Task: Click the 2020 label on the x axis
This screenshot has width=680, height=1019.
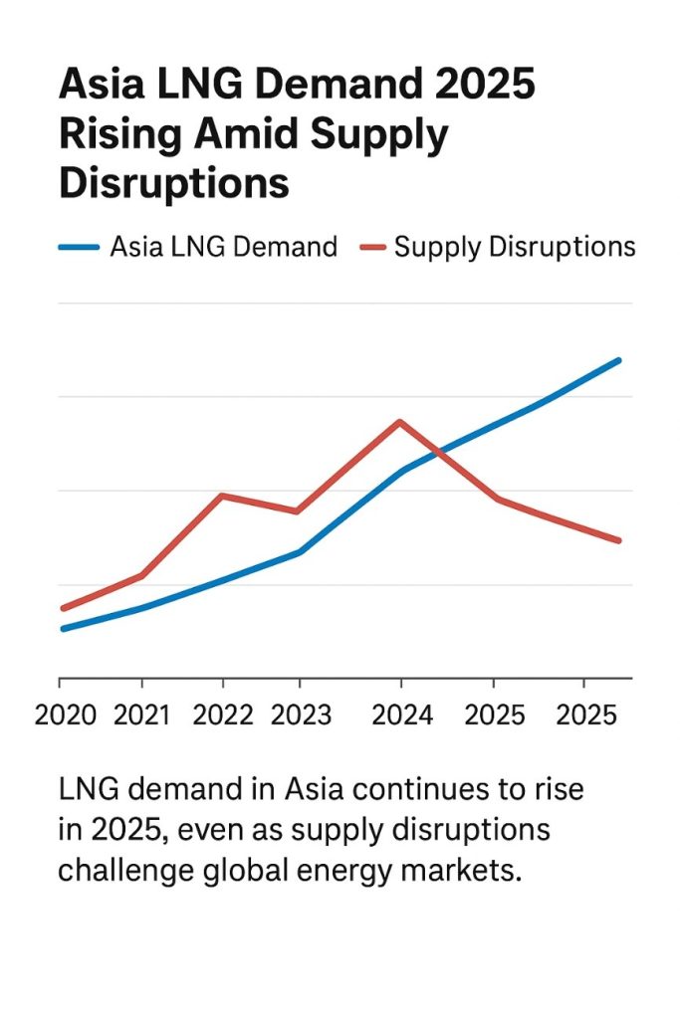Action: (x=66, y=716)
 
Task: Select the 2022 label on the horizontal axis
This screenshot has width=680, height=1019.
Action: (x=224, y=716)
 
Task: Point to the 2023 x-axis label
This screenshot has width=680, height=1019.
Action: (x=299, y=716)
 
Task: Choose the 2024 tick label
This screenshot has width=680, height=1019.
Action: (x=400, y=716)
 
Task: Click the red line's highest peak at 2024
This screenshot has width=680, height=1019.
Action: (x=399, y=422)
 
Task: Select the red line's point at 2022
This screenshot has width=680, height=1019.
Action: (x=221, y=496)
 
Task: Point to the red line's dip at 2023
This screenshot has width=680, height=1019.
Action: (x=298, y=511)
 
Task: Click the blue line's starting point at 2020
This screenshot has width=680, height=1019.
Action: (x=63, y=629)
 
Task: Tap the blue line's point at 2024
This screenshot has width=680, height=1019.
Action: (x=400, y=472)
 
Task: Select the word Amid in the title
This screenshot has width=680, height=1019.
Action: (x=247, y=134)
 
